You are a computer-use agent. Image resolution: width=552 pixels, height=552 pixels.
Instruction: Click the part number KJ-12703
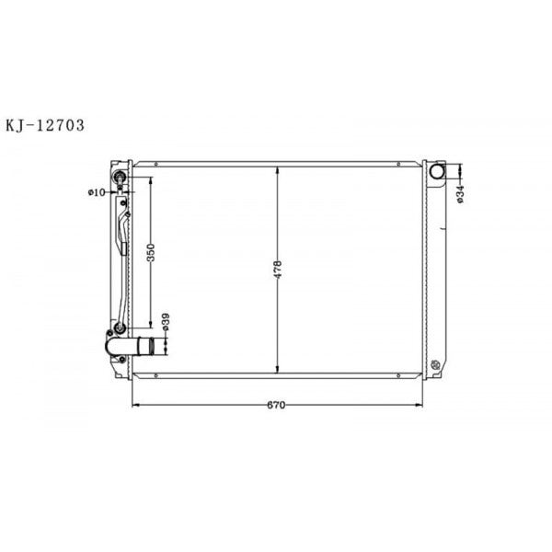pos(45,126)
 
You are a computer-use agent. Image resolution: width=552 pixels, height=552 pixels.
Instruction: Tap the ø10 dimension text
pos(97,191)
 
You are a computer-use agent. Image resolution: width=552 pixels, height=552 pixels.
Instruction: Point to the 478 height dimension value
pos(277,269)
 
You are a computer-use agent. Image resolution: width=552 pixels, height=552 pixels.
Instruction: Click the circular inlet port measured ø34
pos(438,172)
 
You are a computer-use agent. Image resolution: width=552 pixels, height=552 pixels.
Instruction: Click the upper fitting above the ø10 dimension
pos(119,178)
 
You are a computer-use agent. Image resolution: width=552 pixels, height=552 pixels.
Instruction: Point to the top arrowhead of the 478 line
pos(277,168)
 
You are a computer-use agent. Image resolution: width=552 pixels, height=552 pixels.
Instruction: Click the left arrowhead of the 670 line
pos(137,405)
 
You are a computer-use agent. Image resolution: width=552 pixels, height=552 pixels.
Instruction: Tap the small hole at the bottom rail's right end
pos(397,374)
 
